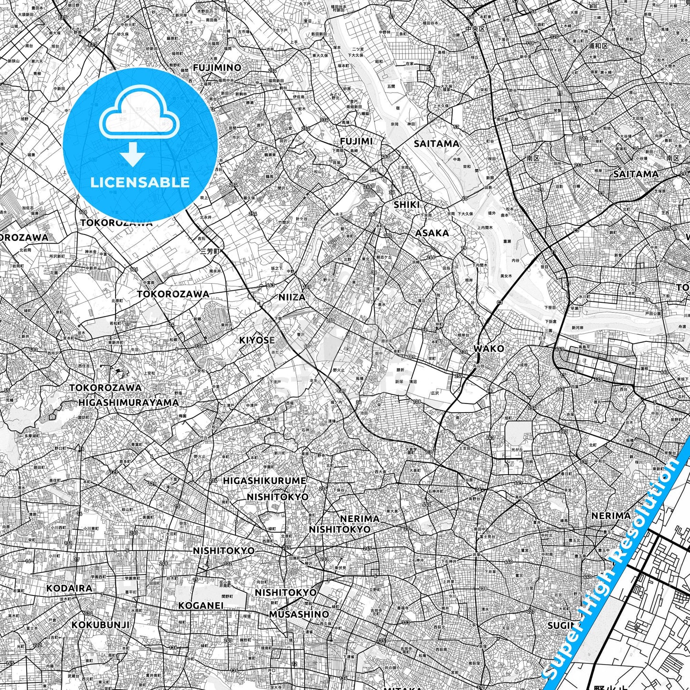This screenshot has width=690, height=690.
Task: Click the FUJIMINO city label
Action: click(x=217, y=68)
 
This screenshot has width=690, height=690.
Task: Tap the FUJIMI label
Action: click(x=356, y=141)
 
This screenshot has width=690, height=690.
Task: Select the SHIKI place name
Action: click(x=407, y=204)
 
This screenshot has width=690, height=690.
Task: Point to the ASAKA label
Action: click(x=432, y=233)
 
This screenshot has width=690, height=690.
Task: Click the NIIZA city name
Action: click(x=292, y=297)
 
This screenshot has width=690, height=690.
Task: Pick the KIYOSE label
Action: click(x=257, y=340)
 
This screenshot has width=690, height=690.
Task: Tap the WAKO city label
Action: click(x=488, y=349)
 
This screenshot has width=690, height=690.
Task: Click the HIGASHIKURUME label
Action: click(x=265, y=480)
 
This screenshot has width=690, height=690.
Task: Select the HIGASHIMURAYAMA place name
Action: click(x=128, y=403)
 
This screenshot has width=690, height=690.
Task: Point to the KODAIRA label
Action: click(x=69, y=588)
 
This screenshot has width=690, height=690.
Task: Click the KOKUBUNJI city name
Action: click(x=101, y=625)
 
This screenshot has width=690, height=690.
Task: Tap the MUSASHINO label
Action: click(x=299, y=614)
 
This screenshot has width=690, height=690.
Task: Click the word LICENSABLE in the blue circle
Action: click(x=140, y=182)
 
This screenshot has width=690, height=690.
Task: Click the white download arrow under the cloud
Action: click(x=133, y=153)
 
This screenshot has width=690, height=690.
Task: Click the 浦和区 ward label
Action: click(x=598, y=46)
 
